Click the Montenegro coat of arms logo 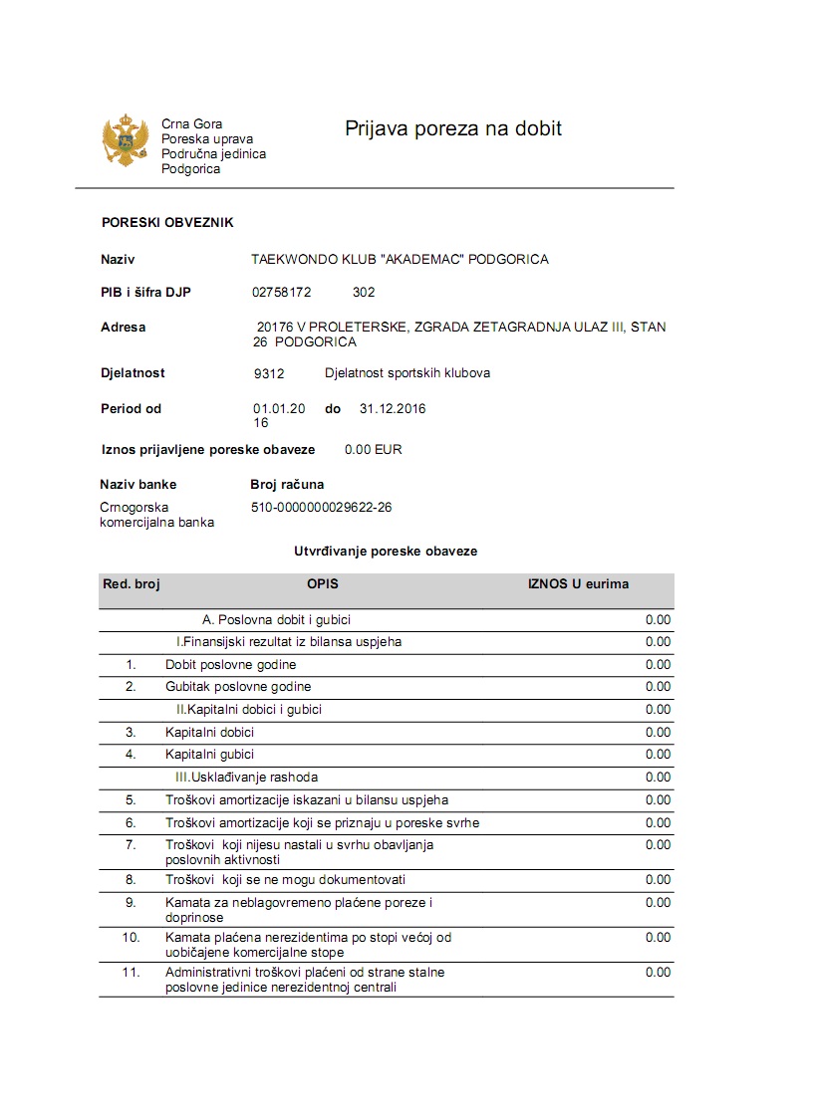coord(126,140)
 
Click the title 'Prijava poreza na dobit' coord(453,128)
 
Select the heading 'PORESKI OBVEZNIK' coord(167,223)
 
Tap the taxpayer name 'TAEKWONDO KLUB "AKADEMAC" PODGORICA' coord(400,260)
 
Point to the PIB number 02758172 coord(282,293)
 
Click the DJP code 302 coord(364,293)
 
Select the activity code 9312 coord(270,374)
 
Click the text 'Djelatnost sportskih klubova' coord(407,373)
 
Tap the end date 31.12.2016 coord(393,409)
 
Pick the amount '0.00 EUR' coord(374,450)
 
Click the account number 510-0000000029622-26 coord(321,507)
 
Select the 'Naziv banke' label coord(138,485)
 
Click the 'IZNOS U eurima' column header coord(578,584)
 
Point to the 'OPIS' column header coord(323,584)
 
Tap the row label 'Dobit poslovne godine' coord(230,665)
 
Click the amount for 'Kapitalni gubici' coord(658,755)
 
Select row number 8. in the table coord(131,880)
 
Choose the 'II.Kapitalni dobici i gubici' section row coord(249,710)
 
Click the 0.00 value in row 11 coord(658,973)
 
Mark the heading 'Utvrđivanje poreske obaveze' coord(386,552)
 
